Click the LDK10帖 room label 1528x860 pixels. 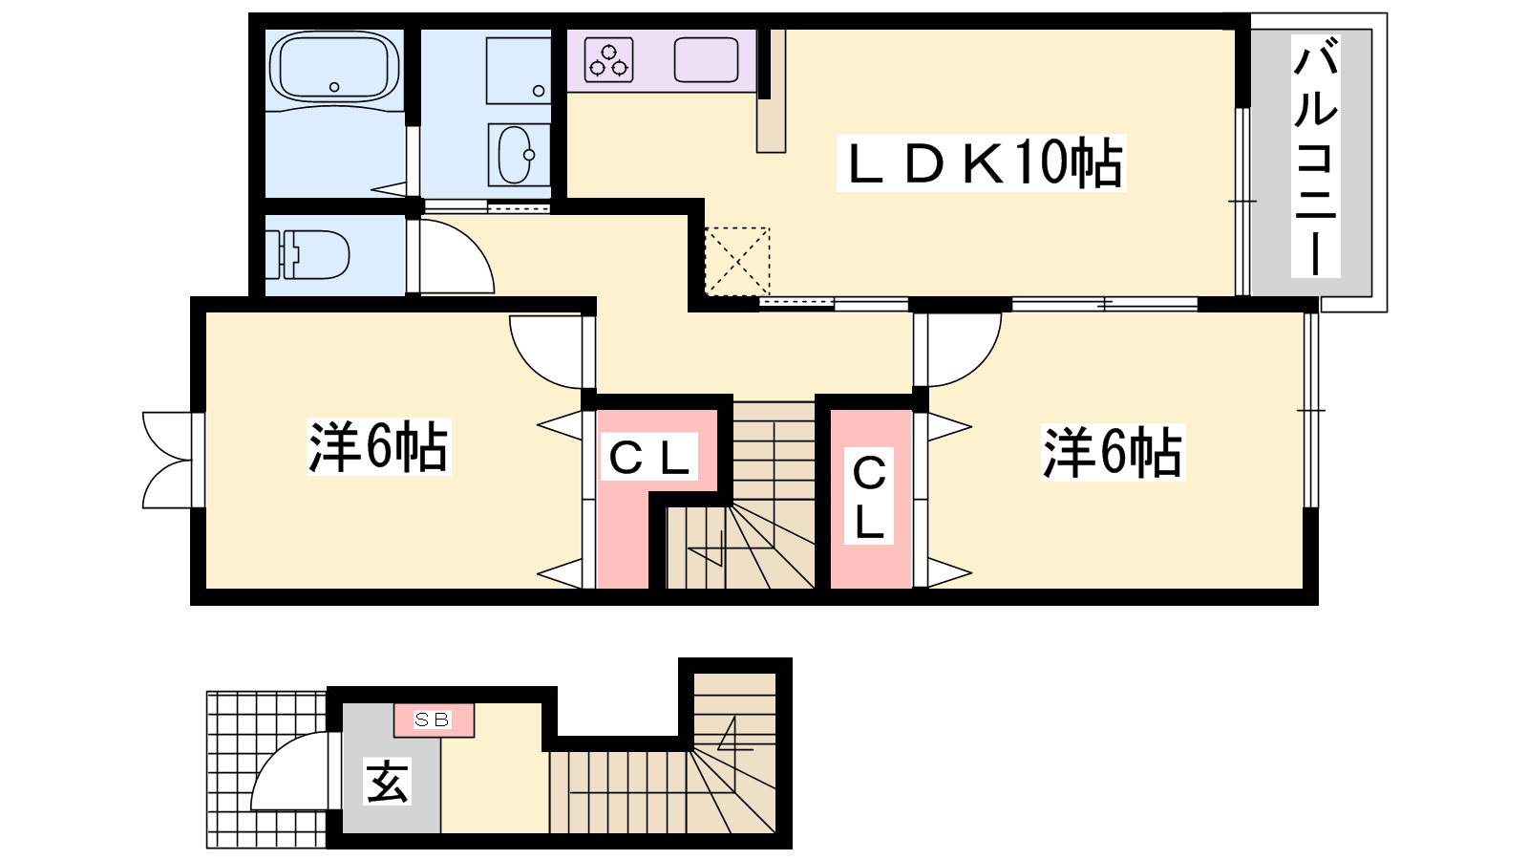[981, 163]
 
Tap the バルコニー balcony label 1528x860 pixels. [1315, 157]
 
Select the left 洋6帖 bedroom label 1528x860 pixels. [378, 447]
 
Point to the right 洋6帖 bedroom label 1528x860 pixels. [1113, 453]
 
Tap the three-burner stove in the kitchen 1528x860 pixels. [609, 59]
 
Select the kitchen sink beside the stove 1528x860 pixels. [706, 59]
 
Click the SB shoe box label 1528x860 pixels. [433, 720]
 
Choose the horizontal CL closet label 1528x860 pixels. [648, 456]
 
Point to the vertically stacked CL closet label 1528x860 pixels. [869, 496]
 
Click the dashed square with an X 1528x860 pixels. [737, 262]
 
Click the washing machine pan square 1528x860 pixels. [519, 71]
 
